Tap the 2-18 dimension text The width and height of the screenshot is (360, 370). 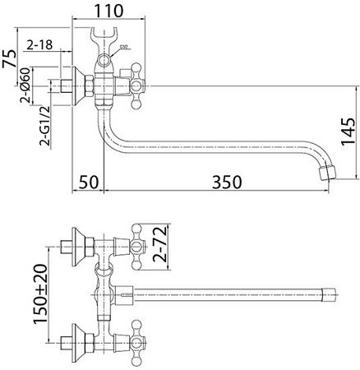pyautogui.click(x=40, y=44)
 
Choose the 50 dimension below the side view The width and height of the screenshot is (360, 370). pyautogui.click(x=89, y=181)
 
